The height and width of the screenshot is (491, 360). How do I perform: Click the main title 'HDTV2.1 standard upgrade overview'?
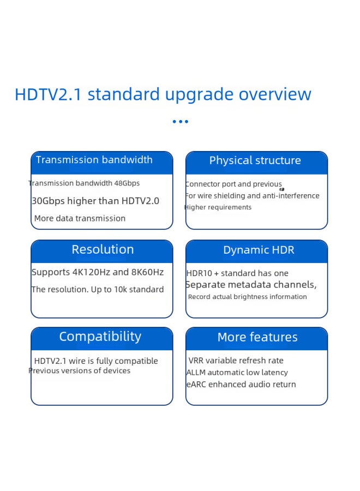(x=163, y=94)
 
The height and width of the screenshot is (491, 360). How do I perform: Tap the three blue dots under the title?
(x=180, y=122)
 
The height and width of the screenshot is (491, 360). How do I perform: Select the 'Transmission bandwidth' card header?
(x=94, y=160)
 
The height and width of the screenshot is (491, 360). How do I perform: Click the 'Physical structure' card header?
(x=255, y=161)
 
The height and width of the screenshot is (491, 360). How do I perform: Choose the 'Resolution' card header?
(x=103, y=250)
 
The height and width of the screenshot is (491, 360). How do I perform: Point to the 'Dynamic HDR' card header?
(x=259, y=250)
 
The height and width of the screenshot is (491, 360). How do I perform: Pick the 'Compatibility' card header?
(x=100, y=337)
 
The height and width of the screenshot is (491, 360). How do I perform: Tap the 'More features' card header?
(x=257, y=338)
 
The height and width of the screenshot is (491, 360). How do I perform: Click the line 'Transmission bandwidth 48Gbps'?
(x=84, y=183)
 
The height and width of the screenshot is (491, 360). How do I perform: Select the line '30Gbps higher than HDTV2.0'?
(x=95, y=201)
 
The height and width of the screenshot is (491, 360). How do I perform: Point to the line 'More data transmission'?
(x=80, y=218)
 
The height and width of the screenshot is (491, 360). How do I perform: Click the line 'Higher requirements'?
(x=218, y=207)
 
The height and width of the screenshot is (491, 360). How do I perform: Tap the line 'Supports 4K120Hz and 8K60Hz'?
(x=98, y=272)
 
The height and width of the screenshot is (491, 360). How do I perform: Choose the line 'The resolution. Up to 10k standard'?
(x=98, y=290)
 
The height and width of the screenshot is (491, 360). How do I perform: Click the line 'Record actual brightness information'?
(x=247, y=297)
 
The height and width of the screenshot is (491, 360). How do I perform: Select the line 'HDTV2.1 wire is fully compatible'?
(x=96, y=361)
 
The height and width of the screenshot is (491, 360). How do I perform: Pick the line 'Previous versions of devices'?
(x=80, y=371)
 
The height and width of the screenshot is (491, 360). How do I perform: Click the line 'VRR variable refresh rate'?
(x=236, y=361)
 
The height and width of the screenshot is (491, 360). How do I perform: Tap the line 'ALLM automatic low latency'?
(x=237, y=373)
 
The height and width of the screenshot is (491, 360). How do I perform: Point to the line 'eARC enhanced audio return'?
(x=241, y=385)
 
